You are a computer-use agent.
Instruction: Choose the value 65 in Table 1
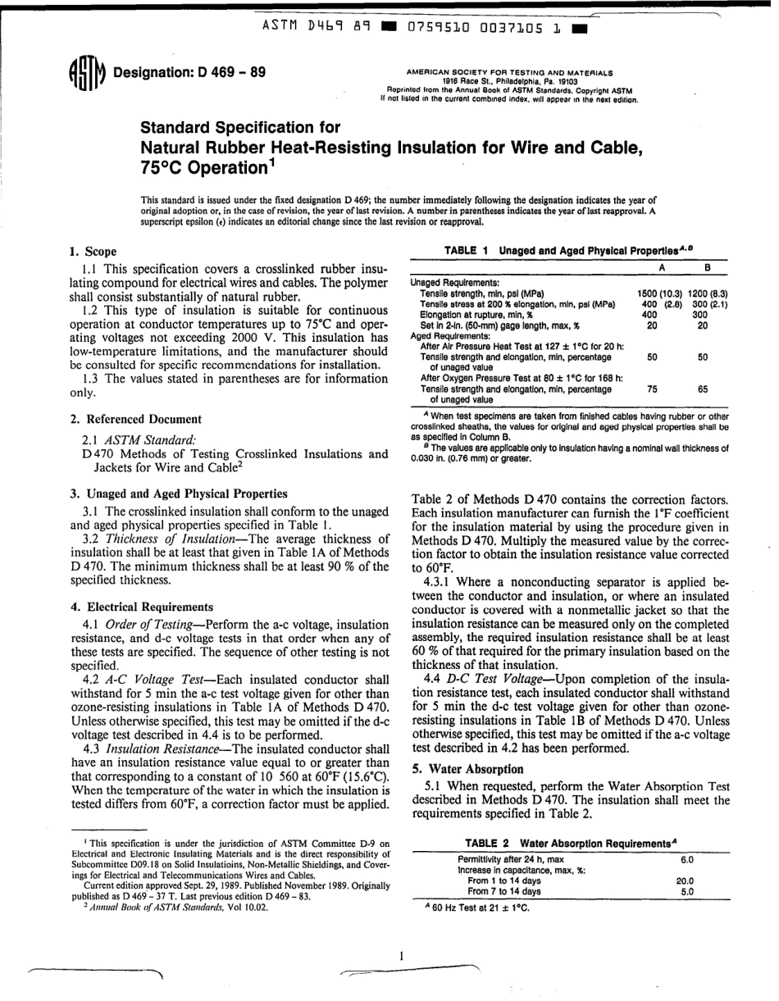coord(703,390)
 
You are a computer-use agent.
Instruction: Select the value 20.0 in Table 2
coord(685,880)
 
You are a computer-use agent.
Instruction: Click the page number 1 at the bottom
coord(401,956)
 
